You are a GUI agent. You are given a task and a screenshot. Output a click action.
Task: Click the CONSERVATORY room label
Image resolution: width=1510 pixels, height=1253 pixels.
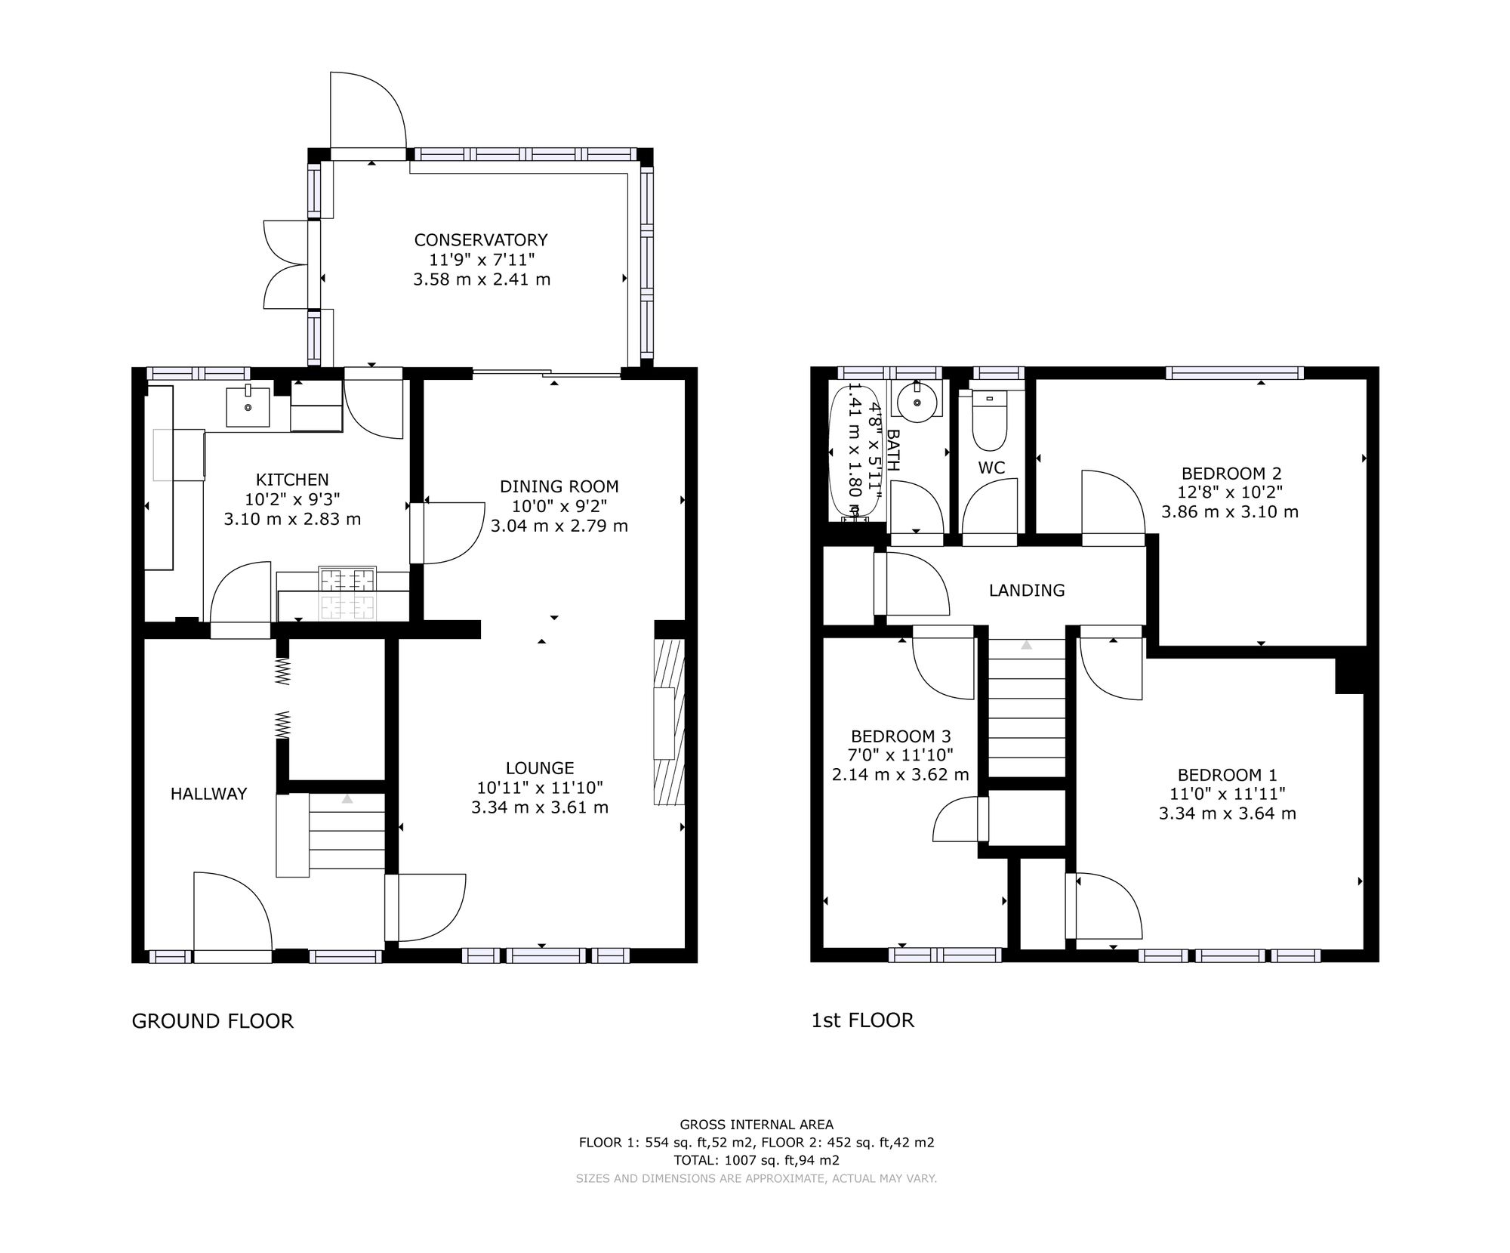[x=481, y=240]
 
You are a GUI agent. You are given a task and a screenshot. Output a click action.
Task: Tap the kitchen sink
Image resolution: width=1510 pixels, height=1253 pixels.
[x=248, y=407]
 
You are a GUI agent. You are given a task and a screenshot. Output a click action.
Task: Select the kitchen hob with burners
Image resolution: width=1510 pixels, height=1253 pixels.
[x=348, y=594]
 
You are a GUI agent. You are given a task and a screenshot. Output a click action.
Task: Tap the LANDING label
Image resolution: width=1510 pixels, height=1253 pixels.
[x=1027, y=591]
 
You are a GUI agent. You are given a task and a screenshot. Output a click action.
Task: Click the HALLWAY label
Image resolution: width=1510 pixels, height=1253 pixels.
[x=208, y=794]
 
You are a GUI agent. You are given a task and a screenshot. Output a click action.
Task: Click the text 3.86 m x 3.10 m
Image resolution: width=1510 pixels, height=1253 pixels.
[x=1230, y=512]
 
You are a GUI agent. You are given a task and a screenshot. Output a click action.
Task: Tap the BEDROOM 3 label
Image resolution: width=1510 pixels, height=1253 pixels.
[x=901, y=736]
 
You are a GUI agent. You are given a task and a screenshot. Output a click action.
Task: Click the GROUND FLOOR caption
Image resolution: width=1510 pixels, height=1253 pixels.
[x=212, y=1021]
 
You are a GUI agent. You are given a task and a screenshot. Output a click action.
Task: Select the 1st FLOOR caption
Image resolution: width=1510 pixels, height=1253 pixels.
[x=862, y=1020]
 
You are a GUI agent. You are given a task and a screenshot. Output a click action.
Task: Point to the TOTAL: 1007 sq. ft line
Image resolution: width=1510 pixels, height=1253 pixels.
[x=756, y=1160]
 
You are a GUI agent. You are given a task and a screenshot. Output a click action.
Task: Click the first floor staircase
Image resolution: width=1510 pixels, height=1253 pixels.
[x=1027, y=708]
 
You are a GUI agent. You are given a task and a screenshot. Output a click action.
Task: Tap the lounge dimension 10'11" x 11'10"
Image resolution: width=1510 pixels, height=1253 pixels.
[x=540, y=788]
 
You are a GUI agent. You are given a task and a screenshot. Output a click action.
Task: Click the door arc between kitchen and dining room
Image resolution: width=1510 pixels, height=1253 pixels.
[x=451, y=532]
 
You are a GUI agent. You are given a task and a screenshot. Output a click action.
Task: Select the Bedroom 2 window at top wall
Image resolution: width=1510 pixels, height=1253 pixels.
[x=1234, y=372]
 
